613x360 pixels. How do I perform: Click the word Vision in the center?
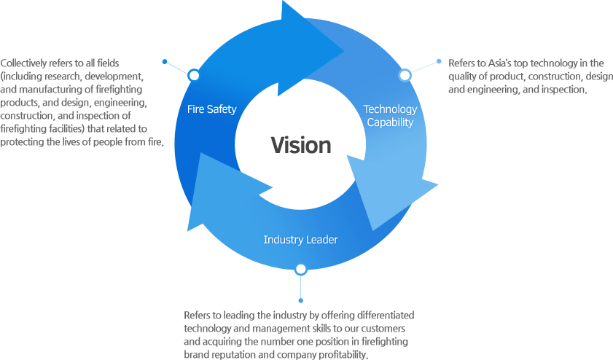pyautogui.click(x=301, y=145)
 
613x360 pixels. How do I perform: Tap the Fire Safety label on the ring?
pyautogui.click(x=211, y=109)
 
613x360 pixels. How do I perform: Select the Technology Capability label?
pyautogui.click(x=390, y=116)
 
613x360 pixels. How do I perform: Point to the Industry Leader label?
pyautogui.click(x=300, y=240)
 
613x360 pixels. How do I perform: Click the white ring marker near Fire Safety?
pyautogui.click(x=193, y=75)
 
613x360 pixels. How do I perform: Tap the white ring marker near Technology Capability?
pyautogui.click(x=405, y=75)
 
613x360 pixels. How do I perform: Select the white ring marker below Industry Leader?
pyautogui.click(x=300, y=270)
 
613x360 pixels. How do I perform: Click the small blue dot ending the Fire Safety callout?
pyautogui.click(x=165, y=61)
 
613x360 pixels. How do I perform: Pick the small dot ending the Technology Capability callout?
pyautogui.click(x=438, y=61)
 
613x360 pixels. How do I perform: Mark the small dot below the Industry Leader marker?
pyautogui.click(x=300, y=300)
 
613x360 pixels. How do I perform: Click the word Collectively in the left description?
pyautogui.click(x=26, y=63)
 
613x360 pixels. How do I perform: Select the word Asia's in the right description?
pyautogui.click(x=500, y=63)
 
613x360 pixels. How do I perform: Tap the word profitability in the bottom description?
pyautogui.click(x=343, y=355)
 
